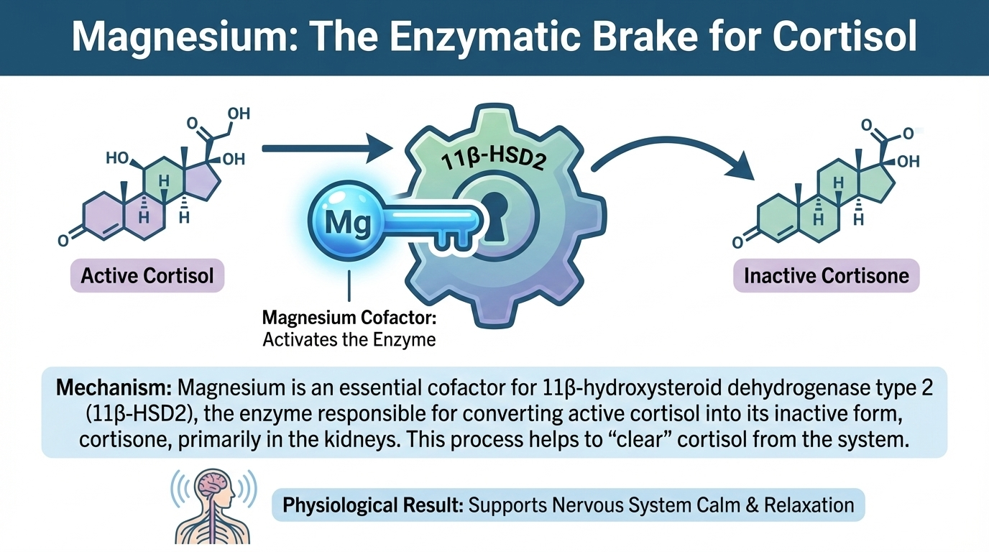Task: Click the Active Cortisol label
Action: (x=147, y=275)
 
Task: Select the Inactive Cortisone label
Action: (x=826, y=275)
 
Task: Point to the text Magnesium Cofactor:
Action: (x=349, y=317)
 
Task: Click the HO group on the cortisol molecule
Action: (x=117, y=157)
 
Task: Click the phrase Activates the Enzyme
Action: (x=349, y=339)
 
